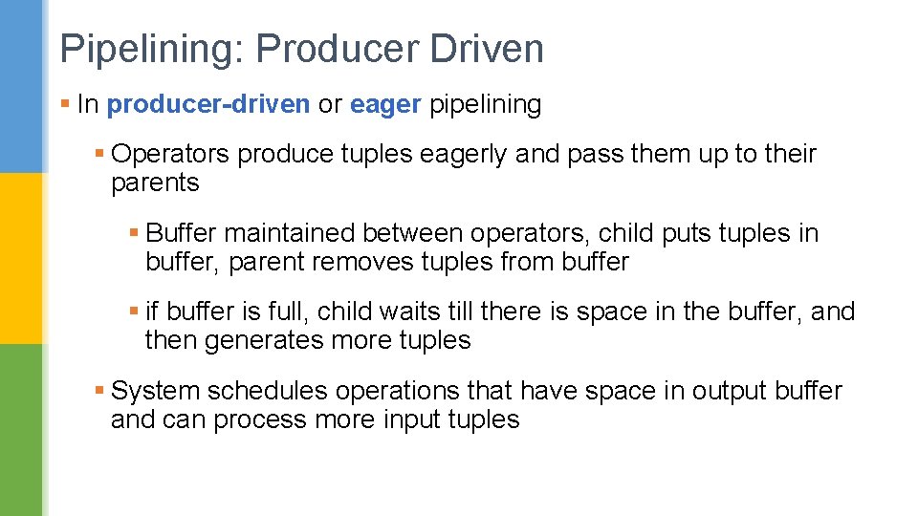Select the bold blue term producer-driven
pos(208,104)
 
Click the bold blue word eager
pos(385,105)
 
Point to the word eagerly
pos(459,154)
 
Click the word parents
pos(155,183)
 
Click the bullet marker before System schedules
pos(100,391)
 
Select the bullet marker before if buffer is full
pos(135,312)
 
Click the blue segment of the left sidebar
pos(21,86)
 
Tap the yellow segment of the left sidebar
pos(21,258)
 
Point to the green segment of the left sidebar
pos(21,430)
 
